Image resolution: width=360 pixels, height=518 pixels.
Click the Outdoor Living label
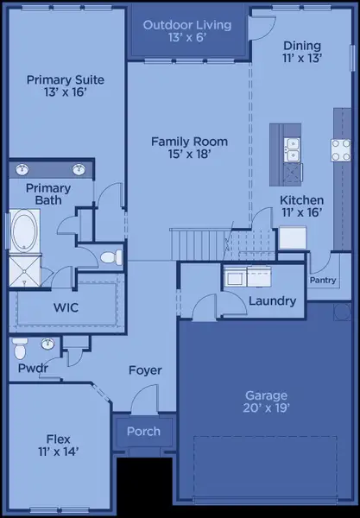point(187,25)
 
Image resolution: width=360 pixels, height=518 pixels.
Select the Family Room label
point(189,141)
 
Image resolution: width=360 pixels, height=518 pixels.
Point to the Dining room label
point(302,46)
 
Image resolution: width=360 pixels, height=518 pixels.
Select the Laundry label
point(272,301)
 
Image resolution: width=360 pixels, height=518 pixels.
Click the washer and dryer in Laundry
point(247,276)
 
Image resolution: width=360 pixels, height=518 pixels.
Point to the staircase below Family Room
point(200,243)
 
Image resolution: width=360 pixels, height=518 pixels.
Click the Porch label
point(143,432)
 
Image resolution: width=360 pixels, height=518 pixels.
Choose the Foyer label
point(145,370)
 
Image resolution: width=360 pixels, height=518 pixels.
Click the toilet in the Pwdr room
point(21,348)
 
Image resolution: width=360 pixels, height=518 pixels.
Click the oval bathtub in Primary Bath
point(24,231)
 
